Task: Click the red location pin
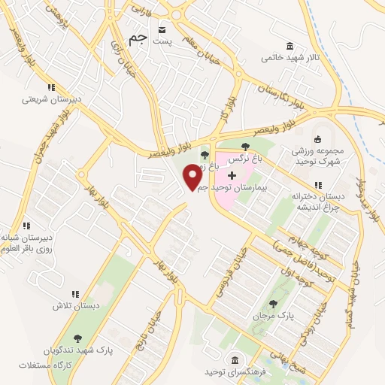pos(192,177)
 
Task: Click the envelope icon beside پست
pos(162,29)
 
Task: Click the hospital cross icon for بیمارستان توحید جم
pos(232,174)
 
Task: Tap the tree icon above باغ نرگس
pos(246,146)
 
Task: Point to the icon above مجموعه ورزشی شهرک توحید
pos(317,138)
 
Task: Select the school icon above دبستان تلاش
pos(74,294)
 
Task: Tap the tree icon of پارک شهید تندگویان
pos(78,338)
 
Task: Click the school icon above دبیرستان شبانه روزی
pos(26,225)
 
